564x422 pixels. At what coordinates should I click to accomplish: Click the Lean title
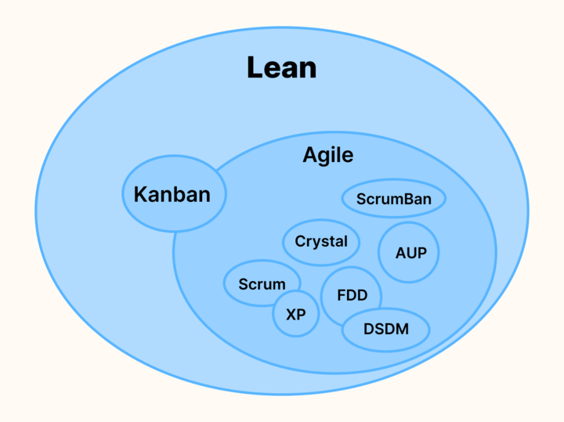pyautogui.click(x=281, y=67)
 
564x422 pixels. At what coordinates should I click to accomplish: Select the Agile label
pyautogui.click(x=328, y=155)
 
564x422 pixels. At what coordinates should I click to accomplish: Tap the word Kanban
pyautogui.click(x=172, y=193)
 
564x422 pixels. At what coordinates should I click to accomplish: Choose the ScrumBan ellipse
pyautogui.click(x=393, y=199)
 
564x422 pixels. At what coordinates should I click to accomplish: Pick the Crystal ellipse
pyautogui.click(x=321, y=241)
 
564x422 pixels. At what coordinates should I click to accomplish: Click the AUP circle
pyautogui.click(x=408, y=253)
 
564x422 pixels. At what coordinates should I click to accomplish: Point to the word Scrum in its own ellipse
pyautogui.click(x=262, y=284)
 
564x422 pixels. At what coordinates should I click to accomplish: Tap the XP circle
pyautogui.click(x=295, y=315)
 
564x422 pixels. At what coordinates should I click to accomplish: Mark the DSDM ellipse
pyautogui.click(x=386, y=329)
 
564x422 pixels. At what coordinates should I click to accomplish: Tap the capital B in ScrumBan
pyautogui.click(x=405, y=199)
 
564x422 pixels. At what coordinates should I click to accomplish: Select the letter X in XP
pyautogui.click(x=290, y=315)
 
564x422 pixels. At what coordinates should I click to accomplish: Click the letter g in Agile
pyautogui.click(x=324, y=157)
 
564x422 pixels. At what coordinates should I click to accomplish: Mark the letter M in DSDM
pyautogui.click(x=401, y=329)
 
